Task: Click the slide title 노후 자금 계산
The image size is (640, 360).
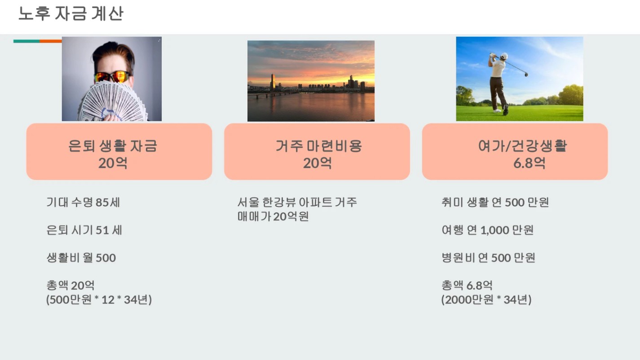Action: coord(71,13)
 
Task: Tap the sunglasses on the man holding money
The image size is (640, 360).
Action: coord(112,76)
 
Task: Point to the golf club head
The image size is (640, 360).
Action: coord(526,75)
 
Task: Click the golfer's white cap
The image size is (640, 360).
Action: coord(504,56)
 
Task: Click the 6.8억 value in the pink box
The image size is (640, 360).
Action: coord(529,163)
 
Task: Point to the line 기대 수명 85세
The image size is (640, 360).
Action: coord(83,202)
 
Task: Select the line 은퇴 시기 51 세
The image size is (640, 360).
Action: coord(84,230)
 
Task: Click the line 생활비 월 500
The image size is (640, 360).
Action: coord(81,258)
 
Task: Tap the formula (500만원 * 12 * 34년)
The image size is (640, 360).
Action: coord(99,299)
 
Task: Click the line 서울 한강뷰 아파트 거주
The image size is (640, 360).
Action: coord(297,202)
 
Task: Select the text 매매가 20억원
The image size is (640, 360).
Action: coord(273,216)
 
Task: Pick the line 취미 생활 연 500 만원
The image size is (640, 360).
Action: coord(495,202)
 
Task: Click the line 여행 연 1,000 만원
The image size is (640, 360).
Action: coord(488,230)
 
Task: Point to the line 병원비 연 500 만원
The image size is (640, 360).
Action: coord(488,258)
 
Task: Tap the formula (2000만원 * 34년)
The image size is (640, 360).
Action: coord(486,299)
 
